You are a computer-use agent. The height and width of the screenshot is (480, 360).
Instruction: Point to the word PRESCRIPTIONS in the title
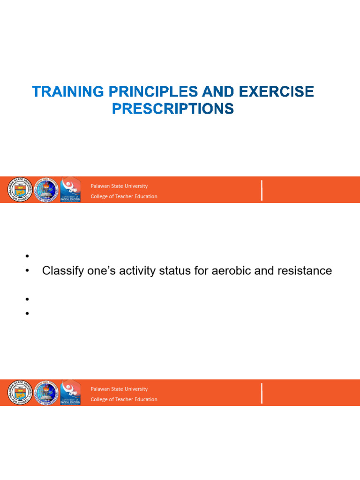[x=172, y=109]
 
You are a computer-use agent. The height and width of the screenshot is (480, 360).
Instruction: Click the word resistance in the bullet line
[x=302, y=271]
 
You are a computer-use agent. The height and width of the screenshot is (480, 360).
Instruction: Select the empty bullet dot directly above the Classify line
[x=28, y=256]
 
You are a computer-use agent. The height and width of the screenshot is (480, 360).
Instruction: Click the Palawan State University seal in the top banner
[x=19, y=190]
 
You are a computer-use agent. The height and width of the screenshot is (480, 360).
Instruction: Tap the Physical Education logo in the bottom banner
[x=70, y=393]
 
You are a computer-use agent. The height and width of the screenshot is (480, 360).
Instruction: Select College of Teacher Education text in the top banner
[x=124, y=196]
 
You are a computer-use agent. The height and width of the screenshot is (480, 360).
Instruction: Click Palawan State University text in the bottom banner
[x=119, y=389]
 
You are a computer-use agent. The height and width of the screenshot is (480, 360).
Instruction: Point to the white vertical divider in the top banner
[x=262, y=190]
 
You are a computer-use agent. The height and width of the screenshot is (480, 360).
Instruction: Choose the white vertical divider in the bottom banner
[x=262, y=393]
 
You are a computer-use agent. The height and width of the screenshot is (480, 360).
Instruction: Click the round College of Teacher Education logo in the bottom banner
[x=45, y=393]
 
